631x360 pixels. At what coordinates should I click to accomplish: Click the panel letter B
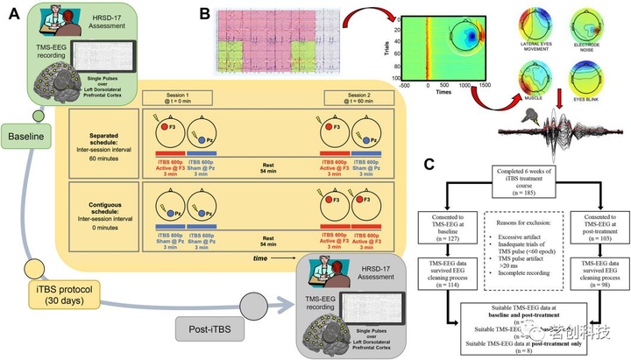(204, 13)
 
